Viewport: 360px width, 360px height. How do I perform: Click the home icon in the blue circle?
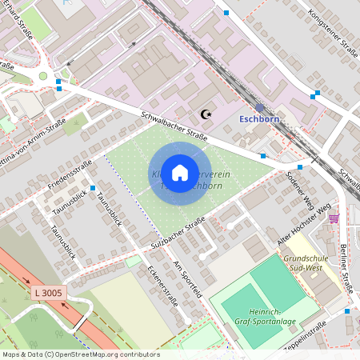[180, 172]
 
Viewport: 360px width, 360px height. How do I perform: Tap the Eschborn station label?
[260, 120]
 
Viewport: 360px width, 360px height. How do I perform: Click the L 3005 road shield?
[49, 294]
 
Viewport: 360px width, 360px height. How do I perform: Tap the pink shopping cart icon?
[334, 218]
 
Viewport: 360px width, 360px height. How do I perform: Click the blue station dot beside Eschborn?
[260, 107]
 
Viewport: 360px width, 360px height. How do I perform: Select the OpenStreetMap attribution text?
[82, 354]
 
